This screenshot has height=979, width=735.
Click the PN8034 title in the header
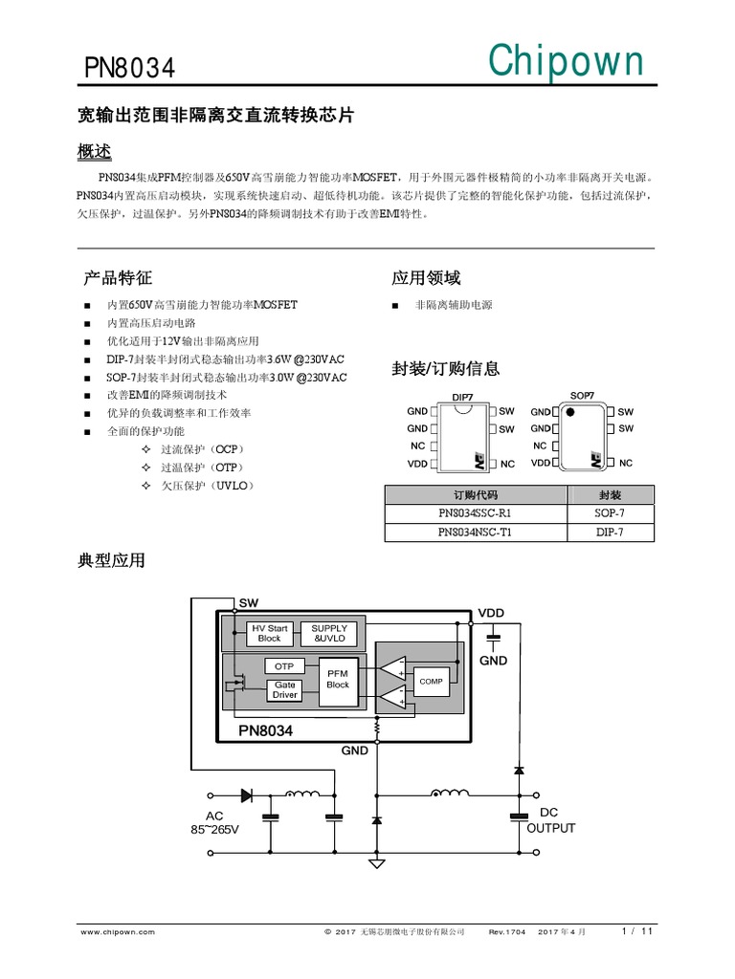pos(129,70)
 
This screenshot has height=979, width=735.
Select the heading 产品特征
pos(118,278)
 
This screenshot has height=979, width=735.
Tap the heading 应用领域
pos(426,278)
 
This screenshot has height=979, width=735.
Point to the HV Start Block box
pos(269,633)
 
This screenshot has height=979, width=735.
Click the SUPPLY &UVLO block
pos(329,633)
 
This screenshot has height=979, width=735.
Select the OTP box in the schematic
pos(284,665)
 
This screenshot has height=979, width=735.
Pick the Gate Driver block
pos(284,689)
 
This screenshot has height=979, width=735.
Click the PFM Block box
pos(338,680)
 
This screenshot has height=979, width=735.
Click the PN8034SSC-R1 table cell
pos(476,513)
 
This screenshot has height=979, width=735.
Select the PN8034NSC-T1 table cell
pos(476,533)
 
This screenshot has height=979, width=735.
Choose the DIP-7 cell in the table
pos(610,533)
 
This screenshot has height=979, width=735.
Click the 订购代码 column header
pos(476,495)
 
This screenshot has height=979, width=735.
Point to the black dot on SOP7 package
pos(569,413)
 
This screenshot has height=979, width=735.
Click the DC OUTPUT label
pos(550,820)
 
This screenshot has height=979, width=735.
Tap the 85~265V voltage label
pos(214,829)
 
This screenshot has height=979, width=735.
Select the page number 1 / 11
pos(637,930)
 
